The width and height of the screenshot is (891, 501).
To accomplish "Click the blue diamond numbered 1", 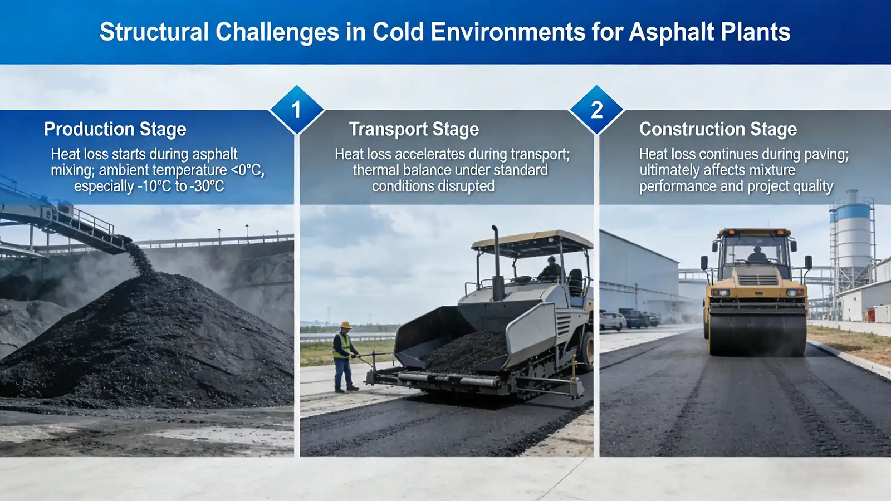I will coord(296,110).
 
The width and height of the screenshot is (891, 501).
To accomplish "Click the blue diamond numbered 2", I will coord(596,110).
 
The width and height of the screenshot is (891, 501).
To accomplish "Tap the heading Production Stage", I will coord(115,129).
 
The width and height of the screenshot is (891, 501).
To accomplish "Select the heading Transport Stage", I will coord(414,129).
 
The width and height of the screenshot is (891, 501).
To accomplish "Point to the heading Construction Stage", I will coord(718,129).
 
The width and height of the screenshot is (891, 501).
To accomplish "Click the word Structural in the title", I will coord(154,32).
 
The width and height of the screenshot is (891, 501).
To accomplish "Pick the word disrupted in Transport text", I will coord(464,186).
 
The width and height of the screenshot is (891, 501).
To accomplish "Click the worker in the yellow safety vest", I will coord(344,356).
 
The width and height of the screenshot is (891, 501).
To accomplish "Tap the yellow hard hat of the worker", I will coord(346,325).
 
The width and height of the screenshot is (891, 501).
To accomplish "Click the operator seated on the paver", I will coord(551,270).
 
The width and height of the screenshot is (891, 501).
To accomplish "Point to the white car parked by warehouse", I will coord(611,321).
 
